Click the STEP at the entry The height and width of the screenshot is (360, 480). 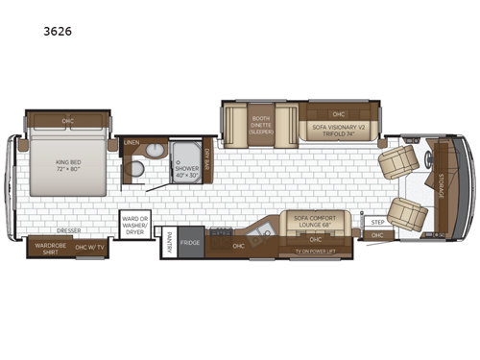[377, 222]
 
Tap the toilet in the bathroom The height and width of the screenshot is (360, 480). [137, 171]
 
